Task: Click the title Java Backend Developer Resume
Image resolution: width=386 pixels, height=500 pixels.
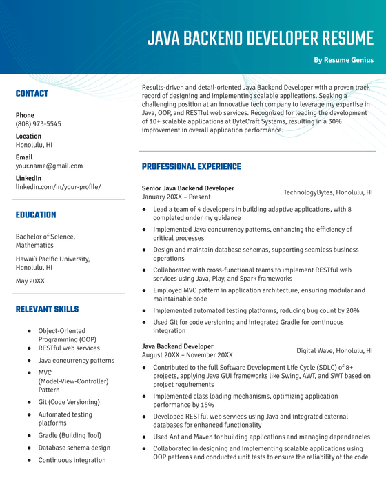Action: [x=260, y=39]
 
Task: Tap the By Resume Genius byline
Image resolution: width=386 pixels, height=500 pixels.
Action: [x=343, y=60]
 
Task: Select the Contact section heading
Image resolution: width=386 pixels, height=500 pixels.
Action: [x=32, y=93]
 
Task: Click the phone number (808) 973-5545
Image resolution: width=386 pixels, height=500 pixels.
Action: [x=38, y=124]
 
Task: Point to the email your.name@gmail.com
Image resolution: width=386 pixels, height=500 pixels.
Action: [x=49, y=166]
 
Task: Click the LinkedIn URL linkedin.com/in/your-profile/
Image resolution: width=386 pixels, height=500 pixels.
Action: [x=58, y=187]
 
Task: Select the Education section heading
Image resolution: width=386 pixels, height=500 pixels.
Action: [x=36, y=214]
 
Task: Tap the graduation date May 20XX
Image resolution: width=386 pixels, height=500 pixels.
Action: [x=30, y=281]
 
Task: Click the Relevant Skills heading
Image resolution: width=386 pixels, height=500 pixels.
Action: [x=47, y=310]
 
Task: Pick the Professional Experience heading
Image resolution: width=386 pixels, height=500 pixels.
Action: [x=191, y=166]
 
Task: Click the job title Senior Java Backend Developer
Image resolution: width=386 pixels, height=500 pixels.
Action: [x=187, y=188]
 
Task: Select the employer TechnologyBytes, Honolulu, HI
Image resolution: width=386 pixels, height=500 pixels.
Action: [x=327, y=192]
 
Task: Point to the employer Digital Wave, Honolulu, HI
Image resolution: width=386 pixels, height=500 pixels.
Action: [x=334, y=350]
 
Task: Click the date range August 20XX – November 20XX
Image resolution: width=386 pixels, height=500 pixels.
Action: [x=188, y=354]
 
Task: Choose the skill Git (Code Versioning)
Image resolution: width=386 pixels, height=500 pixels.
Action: [x=68, y=402]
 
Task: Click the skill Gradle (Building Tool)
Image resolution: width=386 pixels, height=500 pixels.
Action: [x=69, y=435]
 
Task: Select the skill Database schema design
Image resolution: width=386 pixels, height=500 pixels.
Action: [x=74, y=448]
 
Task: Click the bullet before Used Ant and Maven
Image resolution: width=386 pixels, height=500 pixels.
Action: [x=144, y=437]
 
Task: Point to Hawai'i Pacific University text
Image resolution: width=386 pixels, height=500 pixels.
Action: [x=52, y=259]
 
